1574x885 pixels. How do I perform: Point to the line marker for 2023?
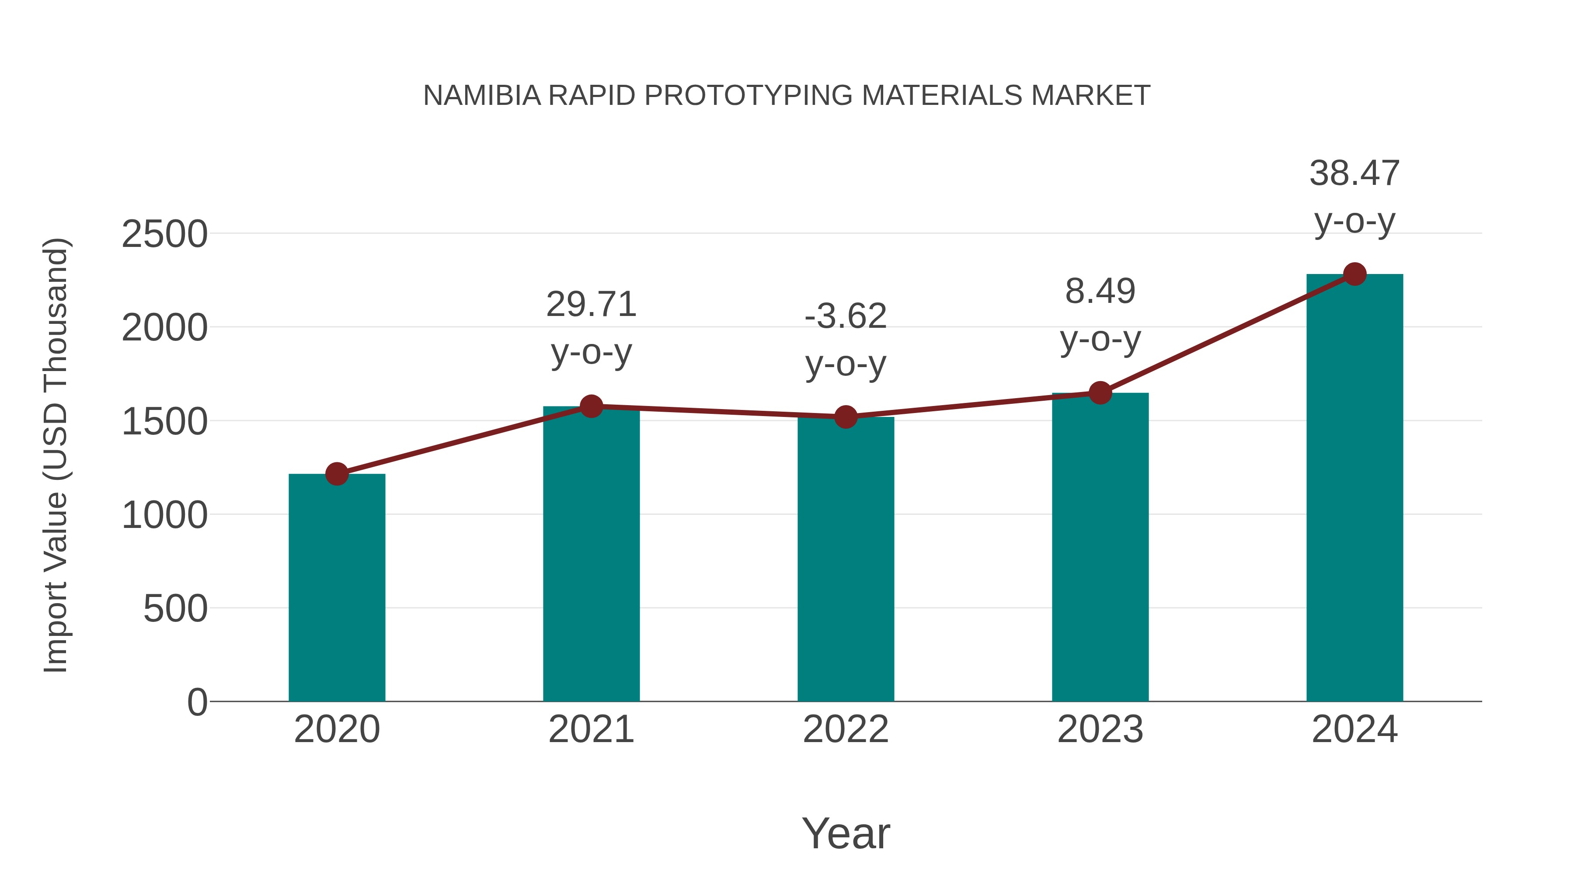(1100, 393)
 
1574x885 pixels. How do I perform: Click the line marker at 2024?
(1355, 274)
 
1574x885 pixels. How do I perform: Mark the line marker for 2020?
(337, 473)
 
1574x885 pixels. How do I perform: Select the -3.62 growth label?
(846, 316)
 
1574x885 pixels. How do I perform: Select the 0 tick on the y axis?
(197, 702)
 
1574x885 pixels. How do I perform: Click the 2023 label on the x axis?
(1100, 729)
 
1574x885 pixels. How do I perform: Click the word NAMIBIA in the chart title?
(482, 96)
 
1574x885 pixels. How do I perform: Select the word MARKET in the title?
(1091, 96)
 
